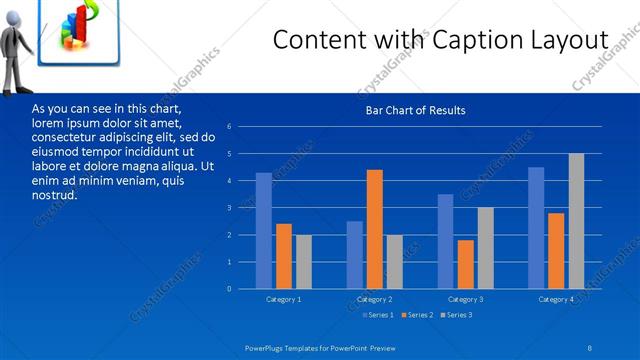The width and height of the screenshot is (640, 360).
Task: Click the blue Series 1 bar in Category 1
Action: tap(263, 231)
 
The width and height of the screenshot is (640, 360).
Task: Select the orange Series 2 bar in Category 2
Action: tap(375, 229)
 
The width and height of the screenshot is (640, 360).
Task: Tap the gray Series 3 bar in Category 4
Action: tap(577, 221)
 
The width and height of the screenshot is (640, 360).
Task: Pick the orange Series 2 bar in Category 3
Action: tap(466, 264)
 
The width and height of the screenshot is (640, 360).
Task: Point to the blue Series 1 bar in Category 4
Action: tap(536, 228)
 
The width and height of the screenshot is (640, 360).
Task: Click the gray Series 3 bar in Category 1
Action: tap(304, 262)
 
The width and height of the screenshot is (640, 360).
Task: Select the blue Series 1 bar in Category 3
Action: tap(446, 241)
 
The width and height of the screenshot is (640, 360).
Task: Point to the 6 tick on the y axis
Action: tap(229, 127)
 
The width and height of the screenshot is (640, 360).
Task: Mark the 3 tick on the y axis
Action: tap(229, 208)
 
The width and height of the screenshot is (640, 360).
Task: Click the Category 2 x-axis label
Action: tap(375, 300)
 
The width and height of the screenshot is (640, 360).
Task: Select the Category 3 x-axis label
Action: tap(466, 300)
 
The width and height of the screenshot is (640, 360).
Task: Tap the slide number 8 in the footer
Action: tap(590, 346)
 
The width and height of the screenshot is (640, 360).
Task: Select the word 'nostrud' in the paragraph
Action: tap(55, 194)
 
